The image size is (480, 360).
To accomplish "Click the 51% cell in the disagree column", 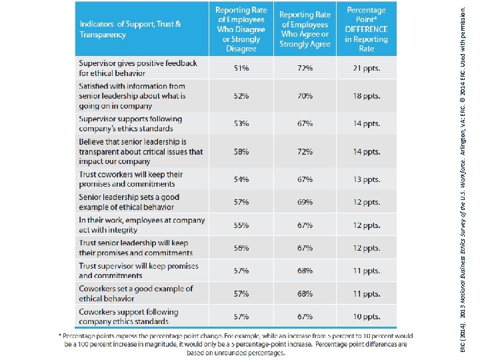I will tap(241, 68).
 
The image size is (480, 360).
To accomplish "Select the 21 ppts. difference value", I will tap(367, 68).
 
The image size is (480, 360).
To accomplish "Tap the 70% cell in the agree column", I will tap(305, 96).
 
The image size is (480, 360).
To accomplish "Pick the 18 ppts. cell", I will tap(367, 96).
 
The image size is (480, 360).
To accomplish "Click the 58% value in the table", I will tap(241, 151).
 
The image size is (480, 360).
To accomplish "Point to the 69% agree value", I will tap(305, 202).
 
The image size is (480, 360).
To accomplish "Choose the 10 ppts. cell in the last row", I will tap(367, 316).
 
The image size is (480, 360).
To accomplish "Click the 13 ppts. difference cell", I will tap(367, 179).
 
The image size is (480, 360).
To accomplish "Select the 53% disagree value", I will tap(241, 123).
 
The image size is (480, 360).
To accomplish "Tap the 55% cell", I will tap(241, 225).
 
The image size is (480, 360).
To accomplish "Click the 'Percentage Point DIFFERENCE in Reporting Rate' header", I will tap(366, 29).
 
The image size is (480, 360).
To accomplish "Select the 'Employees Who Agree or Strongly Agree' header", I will tap(305, 29).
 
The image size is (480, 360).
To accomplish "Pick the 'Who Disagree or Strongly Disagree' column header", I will tap(241, 29).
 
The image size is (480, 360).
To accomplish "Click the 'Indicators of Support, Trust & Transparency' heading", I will tap(130, 29).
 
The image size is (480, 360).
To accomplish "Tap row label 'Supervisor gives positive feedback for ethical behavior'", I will tap(138, 68).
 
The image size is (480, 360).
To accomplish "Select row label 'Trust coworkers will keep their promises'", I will tap(131, 179).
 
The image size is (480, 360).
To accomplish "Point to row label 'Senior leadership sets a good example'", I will tap(129, 202).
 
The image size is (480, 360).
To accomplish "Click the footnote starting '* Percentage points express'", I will tap(236, 344).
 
